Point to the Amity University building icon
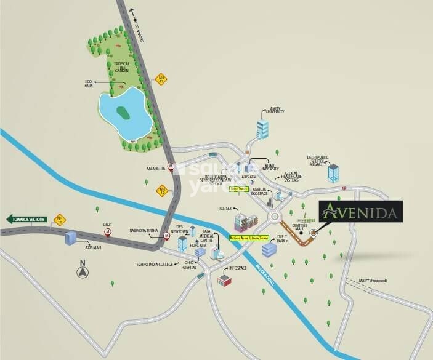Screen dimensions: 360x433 262,129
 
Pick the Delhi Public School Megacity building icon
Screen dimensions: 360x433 333,173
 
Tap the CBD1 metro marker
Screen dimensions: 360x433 109,232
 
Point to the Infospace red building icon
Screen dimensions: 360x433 224,280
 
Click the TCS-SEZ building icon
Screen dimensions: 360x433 248,219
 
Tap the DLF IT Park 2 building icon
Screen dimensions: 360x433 269,249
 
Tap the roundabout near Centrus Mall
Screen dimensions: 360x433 275,217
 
